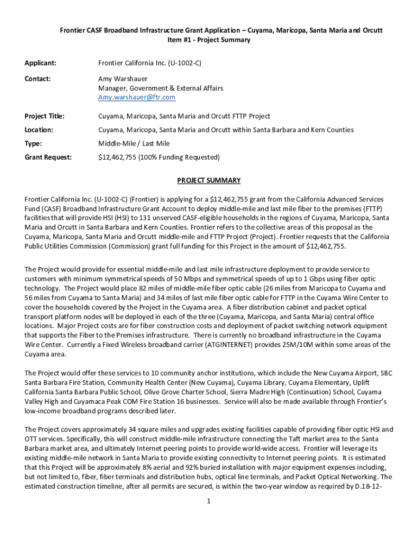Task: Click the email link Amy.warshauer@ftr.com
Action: pyautogui.click(x=136, y=97)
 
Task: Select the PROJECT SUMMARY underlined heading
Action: pyautogui.click(x=208, y=180)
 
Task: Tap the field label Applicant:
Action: pyautogui.click(x=41, y=64)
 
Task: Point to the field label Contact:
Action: pyautogui.click(x=37, y=79)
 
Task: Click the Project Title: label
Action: pyautogui.click(x=45, y=116)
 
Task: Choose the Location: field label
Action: pyautogui.click(x=39, y=130)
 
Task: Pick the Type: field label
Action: pyautogui.click(x=34, y=144)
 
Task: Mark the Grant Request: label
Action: pyautogui.click(x=48, y=157)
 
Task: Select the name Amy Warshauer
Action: pyautogui.click(x=123, y=79)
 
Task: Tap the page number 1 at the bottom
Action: pyautogui.click(x=208, y=501)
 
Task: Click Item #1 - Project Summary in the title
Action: pyautogui.click(x=209, y=40)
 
